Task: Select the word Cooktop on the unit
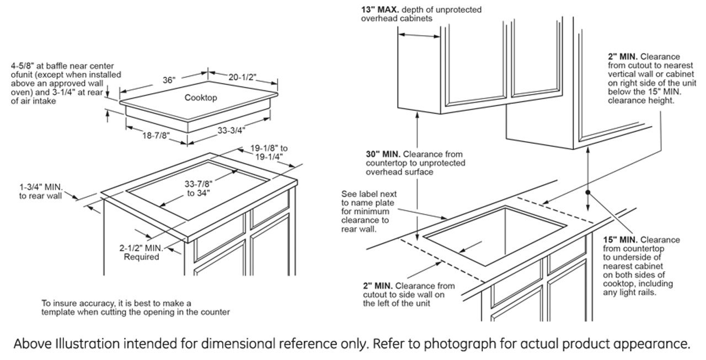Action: pyautogui.click(x=201, y=98)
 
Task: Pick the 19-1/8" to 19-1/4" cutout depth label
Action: pyautogui.click(x=269, y=152)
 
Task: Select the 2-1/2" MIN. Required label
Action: pyautogui.click(x=142, y=252)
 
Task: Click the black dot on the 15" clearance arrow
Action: pyautogui.click(x=589, y=192)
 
